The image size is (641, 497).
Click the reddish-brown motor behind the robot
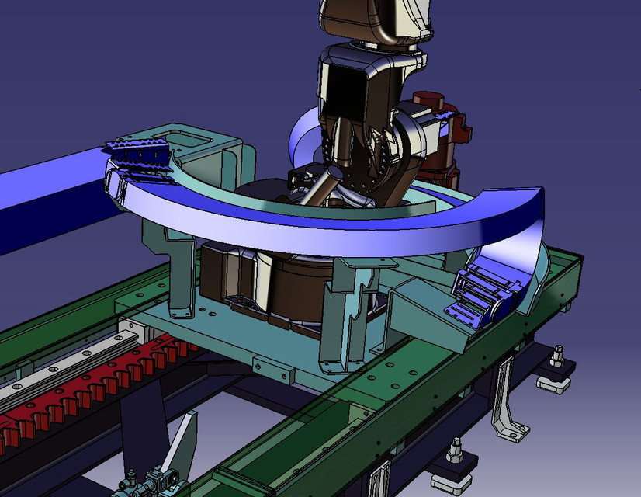coord(435,132)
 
